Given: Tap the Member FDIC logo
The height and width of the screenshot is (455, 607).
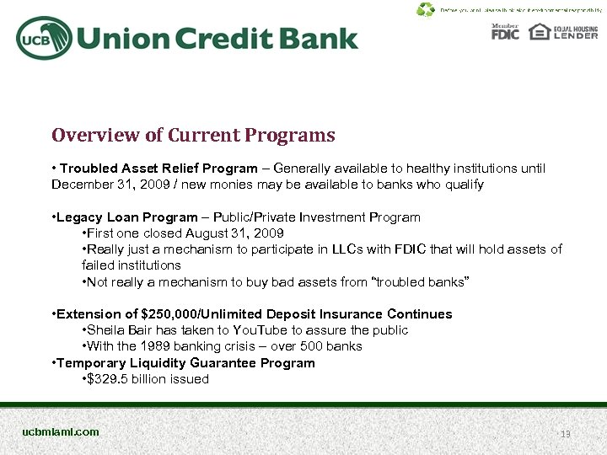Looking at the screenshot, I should click(505, 32).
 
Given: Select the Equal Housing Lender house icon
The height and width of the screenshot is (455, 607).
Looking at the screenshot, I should click(540, 32).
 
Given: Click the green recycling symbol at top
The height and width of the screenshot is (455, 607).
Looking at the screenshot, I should click(426, 10).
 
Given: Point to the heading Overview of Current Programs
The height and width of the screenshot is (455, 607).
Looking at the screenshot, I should click(193, 136).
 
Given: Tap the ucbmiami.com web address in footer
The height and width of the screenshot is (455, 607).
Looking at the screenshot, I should click(61, 432).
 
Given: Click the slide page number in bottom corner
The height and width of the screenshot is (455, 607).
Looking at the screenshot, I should click(566, 434).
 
